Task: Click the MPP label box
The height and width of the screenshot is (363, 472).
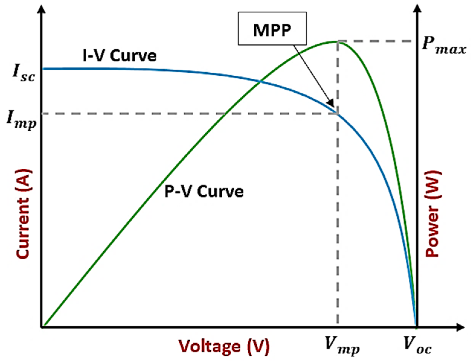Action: tap(272, 29)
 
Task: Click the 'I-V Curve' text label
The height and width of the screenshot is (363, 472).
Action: tap(120, 56)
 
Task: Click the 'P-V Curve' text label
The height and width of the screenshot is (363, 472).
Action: tap(204, 191)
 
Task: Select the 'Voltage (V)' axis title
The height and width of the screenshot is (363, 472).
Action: tap(223, 346)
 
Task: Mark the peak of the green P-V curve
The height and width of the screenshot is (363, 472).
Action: tap(337, 42)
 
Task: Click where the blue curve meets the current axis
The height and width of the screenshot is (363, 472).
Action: tap(43, 69)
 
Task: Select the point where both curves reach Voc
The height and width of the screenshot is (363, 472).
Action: tap(416, 326)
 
